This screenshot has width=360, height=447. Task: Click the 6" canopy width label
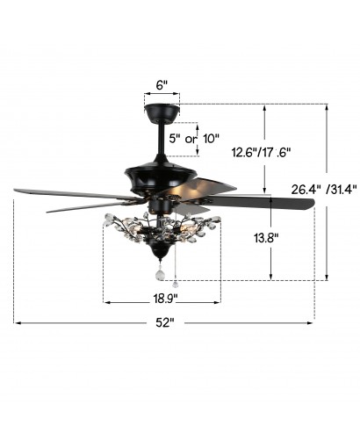click(x=162, y=85)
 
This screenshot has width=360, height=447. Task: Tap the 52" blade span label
click(x=165, y=322)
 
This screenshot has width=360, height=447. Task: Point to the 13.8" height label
click(x=266, y=238)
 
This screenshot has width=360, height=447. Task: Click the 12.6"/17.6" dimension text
click(x=262, y=152)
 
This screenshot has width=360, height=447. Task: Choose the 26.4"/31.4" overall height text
click(x=324, y=190)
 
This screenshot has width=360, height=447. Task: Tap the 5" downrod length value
click(x=175, y=138)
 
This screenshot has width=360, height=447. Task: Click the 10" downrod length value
click(x=211, y=138)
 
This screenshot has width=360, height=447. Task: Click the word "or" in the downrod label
click(x=191, y=139)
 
